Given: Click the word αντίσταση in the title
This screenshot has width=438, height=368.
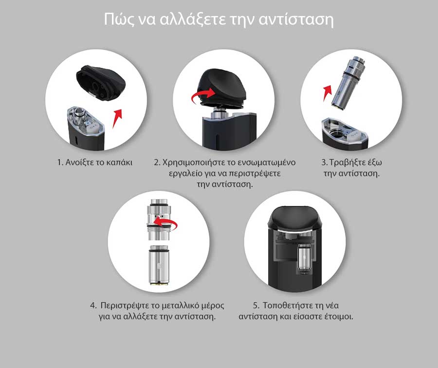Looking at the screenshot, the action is [296, 19].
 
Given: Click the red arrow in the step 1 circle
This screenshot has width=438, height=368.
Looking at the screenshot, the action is [117, 118].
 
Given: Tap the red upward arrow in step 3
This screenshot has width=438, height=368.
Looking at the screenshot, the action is [328, 93].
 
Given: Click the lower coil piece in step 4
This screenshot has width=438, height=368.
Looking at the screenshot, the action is [159, 265].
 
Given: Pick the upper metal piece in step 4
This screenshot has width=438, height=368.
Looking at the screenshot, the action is [158, 220].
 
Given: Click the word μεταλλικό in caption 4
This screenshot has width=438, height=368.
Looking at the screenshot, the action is [175, 305].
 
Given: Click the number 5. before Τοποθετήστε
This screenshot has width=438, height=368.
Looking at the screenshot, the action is [256, 305].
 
